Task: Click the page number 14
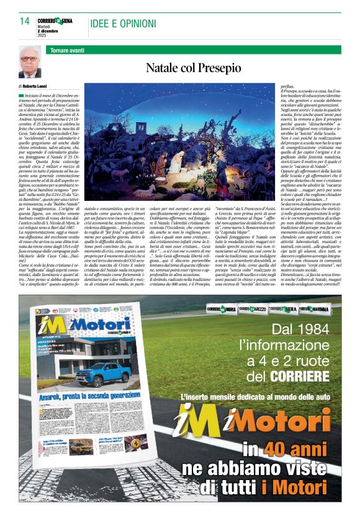[x=25, y=22]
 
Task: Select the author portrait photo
[x=30, y=62]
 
